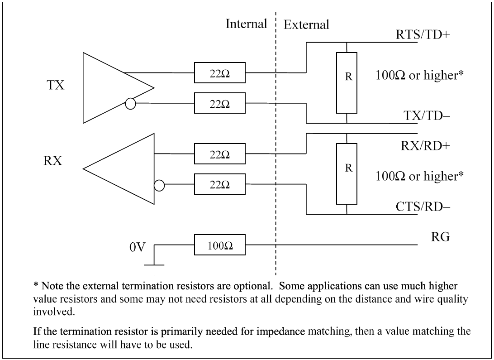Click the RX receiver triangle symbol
tap(127, 168)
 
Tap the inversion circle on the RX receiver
tap(159, 185)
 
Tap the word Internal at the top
tap(247, 24)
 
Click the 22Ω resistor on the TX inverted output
tap(219, 104)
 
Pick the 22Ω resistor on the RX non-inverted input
tap(219, 154)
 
